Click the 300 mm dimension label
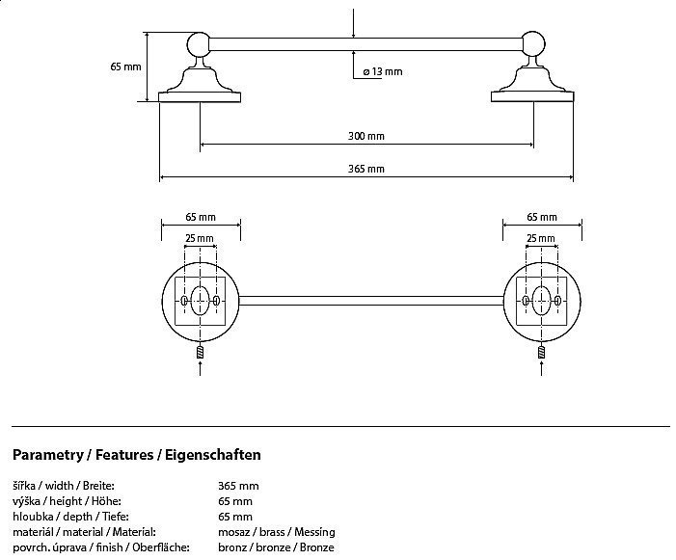pyautogui.click(x=366, y=136)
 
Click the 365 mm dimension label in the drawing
pyautogui.click(x=366, y=169)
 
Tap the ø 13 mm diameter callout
pyautogui.click(x=383, y=72)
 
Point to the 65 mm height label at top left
pyautogui.click(x=126, y=67)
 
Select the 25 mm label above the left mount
pyautogui.click(x=200, y=237)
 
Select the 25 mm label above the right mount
pyautogui.click(x=541, y=237)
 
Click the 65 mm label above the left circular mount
pyautogui.click(x=200, y=218)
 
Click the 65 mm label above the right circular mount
pyautogui.click(x=542, y=218)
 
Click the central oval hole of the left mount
pyautogui.click(x=200, y=301)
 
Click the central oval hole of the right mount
pyautogui.click(x=541, y=301)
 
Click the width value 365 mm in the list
pyautogui.click(x=238, y=486)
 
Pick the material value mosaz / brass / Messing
pyautogui.click(x=276, y=532)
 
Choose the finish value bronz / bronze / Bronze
pyautogui.click(x=276, y=547)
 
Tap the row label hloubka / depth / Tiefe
pyautogui.click(x=67, y=517)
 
